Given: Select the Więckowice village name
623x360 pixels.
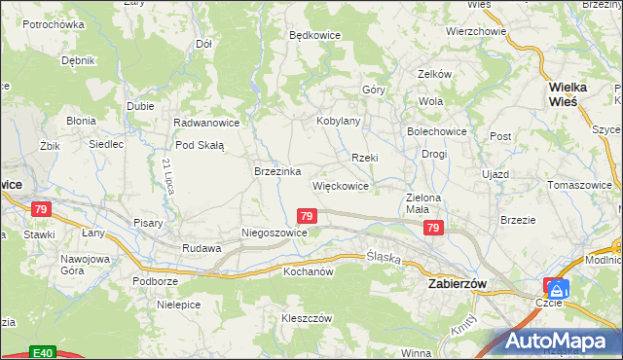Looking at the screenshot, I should click(x=340, y=186).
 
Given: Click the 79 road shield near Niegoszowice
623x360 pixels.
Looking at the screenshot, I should click(x=307, y=215).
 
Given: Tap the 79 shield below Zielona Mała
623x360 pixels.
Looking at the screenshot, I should click(x=434, y=228).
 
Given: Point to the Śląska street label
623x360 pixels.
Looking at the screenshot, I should click(x=385, y=257).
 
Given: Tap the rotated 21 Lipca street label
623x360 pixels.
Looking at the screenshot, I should click(x=168, y=176).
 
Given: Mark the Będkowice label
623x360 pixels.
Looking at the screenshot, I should click(x=314, y=34).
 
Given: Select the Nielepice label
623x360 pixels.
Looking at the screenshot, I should click(x=178, y=305).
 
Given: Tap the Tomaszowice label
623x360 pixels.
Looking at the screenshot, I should click(x=579, y=185).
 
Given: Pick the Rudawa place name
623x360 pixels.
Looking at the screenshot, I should click(x=202, y=248).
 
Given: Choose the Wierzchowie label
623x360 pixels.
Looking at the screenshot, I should click(x=476, y=31).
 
